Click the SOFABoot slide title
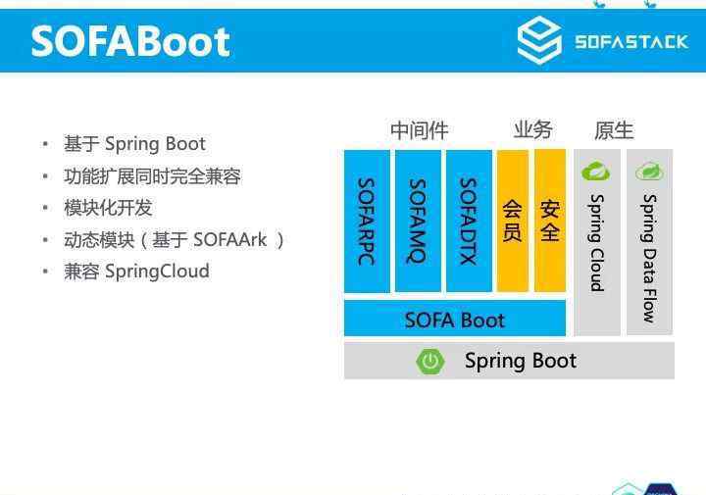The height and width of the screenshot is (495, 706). pyautogui.click(x=130, y=42)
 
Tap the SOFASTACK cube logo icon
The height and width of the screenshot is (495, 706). pyautogui.click(x=539, y=40)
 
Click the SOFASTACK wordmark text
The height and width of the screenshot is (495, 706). pyautogui.click(x=631, y=42)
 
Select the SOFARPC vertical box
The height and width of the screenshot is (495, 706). pyautogui.click(x=367, y=221)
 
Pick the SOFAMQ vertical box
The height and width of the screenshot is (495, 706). pyautogui.click(x=418, y=221)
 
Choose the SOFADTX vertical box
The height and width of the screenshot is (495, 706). pyautogui.click(x=469, y=221)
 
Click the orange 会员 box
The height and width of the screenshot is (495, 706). pyautogui.click(x=513, y=221)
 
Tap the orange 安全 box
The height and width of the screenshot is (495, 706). pyautogui.click(x=550, y=221)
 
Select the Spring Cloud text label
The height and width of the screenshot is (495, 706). pyautogui.click(x=597, y=243)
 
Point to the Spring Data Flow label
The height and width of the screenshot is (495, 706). pyautogui.click(x=649, y=259)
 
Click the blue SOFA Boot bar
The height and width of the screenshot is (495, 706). pyautogui.click(x=455, y=319)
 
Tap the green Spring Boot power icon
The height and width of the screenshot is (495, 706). pyautogui.click(x=430, y=361)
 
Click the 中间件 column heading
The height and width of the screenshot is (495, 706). pyautogui.click(x=420, y=130)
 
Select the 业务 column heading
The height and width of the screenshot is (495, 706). pyautogui.click(x=533, y=130)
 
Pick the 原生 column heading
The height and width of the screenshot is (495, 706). pyautogui.click(x=614, y=130)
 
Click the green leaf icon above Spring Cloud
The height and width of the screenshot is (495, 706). pyautogui.click(x=596, y=172)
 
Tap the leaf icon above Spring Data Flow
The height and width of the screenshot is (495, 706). pyautogui.click(x=649, y=172)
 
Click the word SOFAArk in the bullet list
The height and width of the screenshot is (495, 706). pyautogui.click(x=229, y=240)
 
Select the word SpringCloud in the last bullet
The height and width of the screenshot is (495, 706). pyautogui.click(x=157, y=272)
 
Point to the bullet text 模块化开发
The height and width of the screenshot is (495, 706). pyautogui.click(x=108, y=208)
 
